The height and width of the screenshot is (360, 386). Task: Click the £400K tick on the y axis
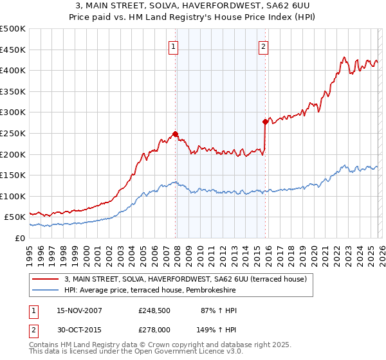(14, 70)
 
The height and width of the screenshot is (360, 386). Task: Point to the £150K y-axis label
(14, 175)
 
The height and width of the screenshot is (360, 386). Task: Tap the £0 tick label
(21, 238)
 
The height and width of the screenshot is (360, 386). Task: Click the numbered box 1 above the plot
(174, 46)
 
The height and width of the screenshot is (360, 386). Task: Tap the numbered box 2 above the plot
(264, 46)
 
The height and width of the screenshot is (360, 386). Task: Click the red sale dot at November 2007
(175, 134)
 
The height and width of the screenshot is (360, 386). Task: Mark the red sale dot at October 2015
(265, 122)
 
